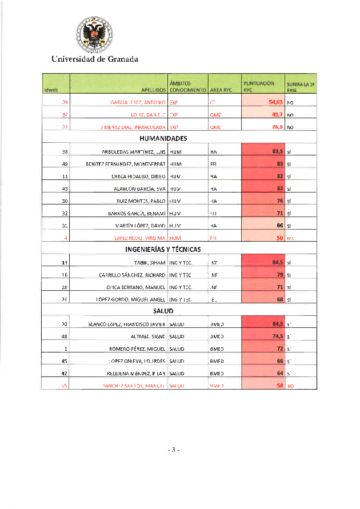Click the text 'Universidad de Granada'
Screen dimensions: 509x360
[x=94, y=59]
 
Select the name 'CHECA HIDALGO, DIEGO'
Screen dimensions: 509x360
[x=139, y=177]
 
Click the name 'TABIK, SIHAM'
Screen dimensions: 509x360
[x=150, y=263]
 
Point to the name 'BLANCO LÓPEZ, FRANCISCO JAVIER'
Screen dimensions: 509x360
[x=127, y=324]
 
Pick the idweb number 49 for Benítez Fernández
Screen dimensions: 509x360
[x=65, y=164]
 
